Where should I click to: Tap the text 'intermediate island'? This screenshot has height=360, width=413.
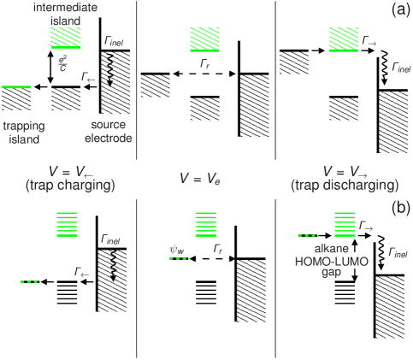(66, 14)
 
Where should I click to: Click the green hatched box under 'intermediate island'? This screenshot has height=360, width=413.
(66, 38)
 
